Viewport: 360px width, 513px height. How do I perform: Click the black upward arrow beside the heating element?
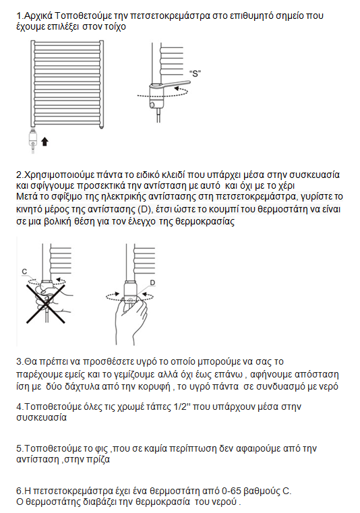[45, 142]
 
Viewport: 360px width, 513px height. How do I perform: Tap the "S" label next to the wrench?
[195, 73]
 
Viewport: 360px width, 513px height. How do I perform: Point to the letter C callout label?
[24, 271]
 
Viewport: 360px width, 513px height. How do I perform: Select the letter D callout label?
[152, 282]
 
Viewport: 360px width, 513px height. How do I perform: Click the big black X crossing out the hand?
[45, 304]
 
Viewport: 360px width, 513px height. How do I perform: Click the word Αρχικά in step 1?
[38, 16]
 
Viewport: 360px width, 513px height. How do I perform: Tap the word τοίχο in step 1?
[115, 26]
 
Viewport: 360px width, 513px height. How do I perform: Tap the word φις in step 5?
[101, 448]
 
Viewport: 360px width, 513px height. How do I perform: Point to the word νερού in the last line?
[226, 502]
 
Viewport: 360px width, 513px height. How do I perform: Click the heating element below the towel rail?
[33, 140]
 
